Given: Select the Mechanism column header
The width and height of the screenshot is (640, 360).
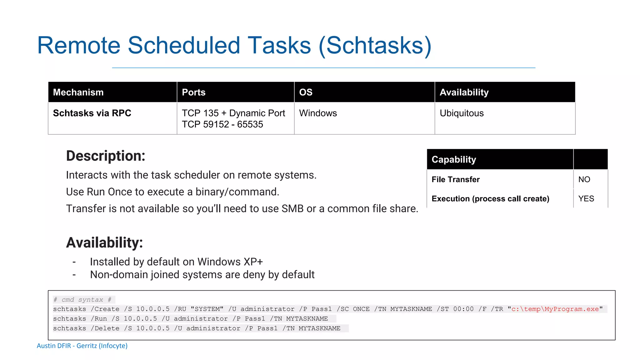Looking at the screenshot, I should click(78, 92).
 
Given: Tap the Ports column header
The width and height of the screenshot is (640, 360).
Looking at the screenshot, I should click(193, 92).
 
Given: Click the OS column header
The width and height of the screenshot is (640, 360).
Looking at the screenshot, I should click(306, 92).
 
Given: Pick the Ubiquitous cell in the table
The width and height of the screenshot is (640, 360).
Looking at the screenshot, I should click(462, 113).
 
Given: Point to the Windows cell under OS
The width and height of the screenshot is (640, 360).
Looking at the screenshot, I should click(318, 113).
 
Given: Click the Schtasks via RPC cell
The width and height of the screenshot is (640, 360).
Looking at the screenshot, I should click(92, 113).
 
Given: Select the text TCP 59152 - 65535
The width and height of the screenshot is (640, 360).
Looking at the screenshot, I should click(222, 124).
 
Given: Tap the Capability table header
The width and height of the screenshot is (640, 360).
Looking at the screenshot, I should click(454, 159).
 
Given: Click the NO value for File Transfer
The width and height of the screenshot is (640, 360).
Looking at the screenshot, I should click(584, 179).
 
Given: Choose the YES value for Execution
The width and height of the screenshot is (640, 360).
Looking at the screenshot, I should click(586, 199).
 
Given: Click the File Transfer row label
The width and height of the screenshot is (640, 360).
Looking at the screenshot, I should click(455, 179).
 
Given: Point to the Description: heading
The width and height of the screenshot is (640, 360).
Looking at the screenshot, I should click(106, 156).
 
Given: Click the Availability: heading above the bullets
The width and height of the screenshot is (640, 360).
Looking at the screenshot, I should click(104, 243).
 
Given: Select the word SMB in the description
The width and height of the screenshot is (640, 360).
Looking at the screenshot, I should click(292, 209).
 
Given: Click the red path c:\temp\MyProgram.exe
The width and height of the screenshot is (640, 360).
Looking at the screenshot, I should click(555, 309).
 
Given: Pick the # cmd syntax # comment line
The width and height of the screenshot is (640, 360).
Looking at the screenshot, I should click(82, 300).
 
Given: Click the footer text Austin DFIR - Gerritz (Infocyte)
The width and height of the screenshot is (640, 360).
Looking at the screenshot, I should click(82, 346).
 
